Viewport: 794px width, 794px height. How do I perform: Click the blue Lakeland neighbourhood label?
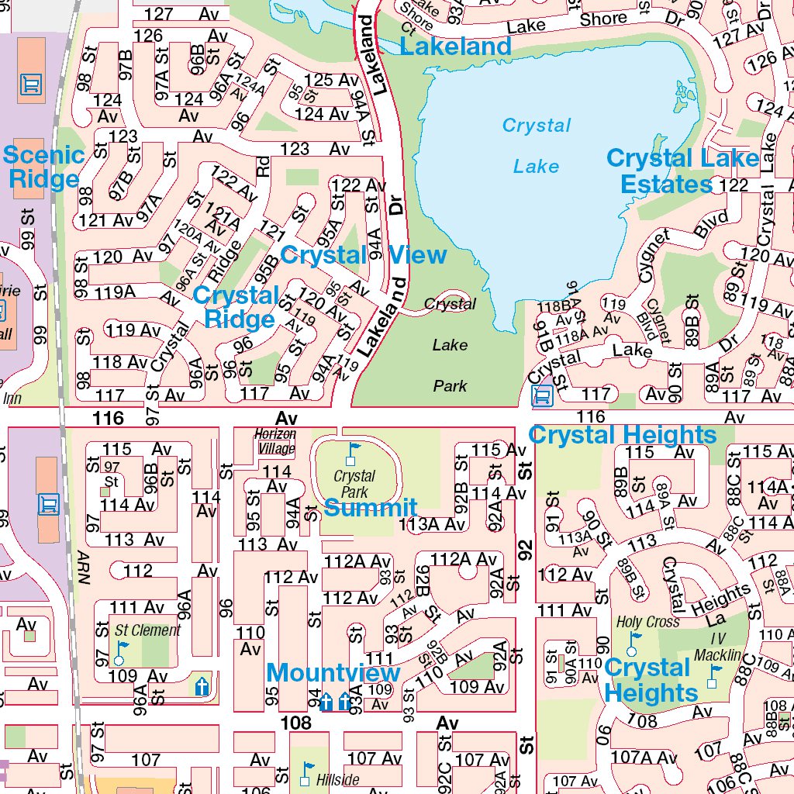pos(455,47)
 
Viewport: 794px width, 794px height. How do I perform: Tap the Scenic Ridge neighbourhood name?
pos(43,167)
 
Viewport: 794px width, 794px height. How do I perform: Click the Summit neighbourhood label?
pos(370,509)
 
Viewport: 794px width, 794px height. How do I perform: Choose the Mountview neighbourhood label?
pos(333,672)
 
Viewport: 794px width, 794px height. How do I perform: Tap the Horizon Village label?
pos(274,441)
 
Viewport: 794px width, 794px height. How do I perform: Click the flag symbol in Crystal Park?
pos(354,451)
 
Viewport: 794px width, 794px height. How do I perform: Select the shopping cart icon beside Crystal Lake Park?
pos(542,395)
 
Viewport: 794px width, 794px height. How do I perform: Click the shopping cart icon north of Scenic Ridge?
pos(31,83)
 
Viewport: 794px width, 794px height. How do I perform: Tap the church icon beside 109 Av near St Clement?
pos(202,685)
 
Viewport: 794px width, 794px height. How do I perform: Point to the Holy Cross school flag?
pos(635,641)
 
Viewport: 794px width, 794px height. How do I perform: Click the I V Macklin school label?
pos(717,647)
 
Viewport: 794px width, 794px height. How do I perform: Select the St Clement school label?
pos(147,630)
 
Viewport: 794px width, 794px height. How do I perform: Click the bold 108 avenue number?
pos(295,723)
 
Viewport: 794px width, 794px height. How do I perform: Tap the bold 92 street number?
pos(526,551)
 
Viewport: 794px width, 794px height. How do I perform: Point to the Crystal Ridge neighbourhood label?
pos(236,307)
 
